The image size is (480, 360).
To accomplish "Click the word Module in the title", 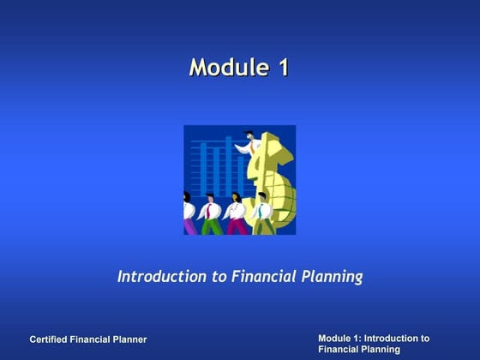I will pos(225,68).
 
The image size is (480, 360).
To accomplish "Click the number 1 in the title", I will pos(281,68).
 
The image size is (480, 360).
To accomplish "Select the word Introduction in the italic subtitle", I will pos(159,277).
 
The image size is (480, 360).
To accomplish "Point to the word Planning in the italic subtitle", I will pos(332,278).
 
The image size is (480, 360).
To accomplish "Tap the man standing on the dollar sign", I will pos(248,143).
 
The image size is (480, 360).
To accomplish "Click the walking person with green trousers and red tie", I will pos(211,214).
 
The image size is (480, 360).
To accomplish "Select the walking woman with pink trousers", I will pos(237,214).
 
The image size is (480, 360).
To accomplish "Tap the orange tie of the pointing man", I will pos(252,147).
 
